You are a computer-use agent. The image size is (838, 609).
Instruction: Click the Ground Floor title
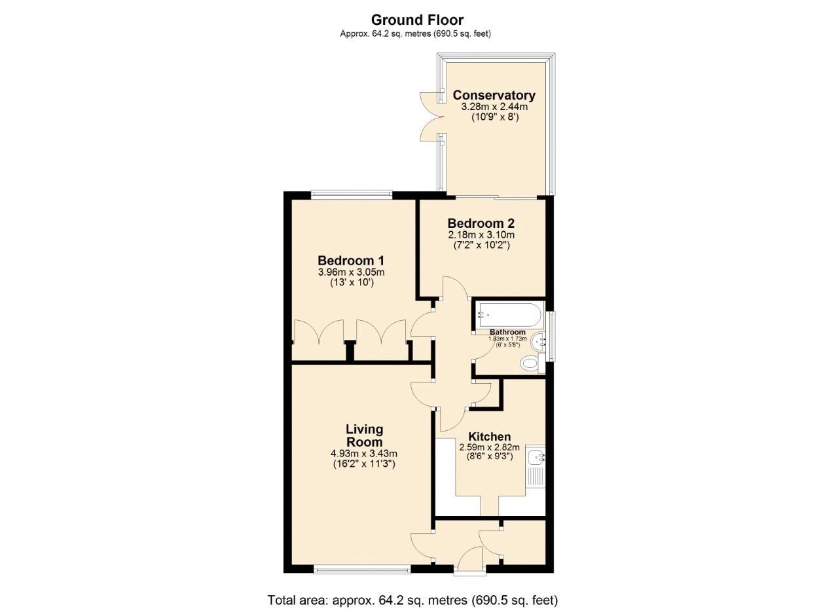pos(417,20)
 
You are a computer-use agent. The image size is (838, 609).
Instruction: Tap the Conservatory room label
pos(494,96)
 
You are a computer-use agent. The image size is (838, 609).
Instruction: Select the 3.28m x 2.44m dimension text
pos(494,107)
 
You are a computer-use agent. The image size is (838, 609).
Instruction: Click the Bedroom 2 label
pos(481,224)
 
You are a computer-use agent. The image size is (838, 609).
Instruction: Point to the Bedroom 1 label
pos(352,260)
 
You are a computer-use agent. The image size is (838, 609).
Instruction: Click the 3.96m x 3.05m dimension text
pos(352,272)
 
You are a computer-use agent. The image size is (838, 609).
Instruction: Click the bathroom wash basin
pos(539,340)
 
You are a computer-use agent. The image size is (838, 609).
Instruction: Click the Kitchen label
pos(490,437)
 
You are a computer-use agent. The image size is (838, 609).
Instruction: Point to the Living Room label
pos(364,435)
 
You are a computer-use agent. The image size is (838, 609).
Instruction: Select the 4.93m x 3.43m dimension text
pos(364,453)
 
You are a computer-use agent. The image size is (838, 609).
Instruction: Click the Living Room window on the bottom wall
pos(362,570)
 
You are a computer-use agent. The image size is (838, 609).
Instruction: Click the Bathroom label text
pos(507,332)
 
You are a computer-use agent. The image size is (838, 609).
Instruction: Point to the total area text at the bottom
pos(412,600)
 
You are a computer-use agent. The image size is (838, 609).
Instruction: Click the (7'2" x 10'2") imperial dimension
pos(481,245)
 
